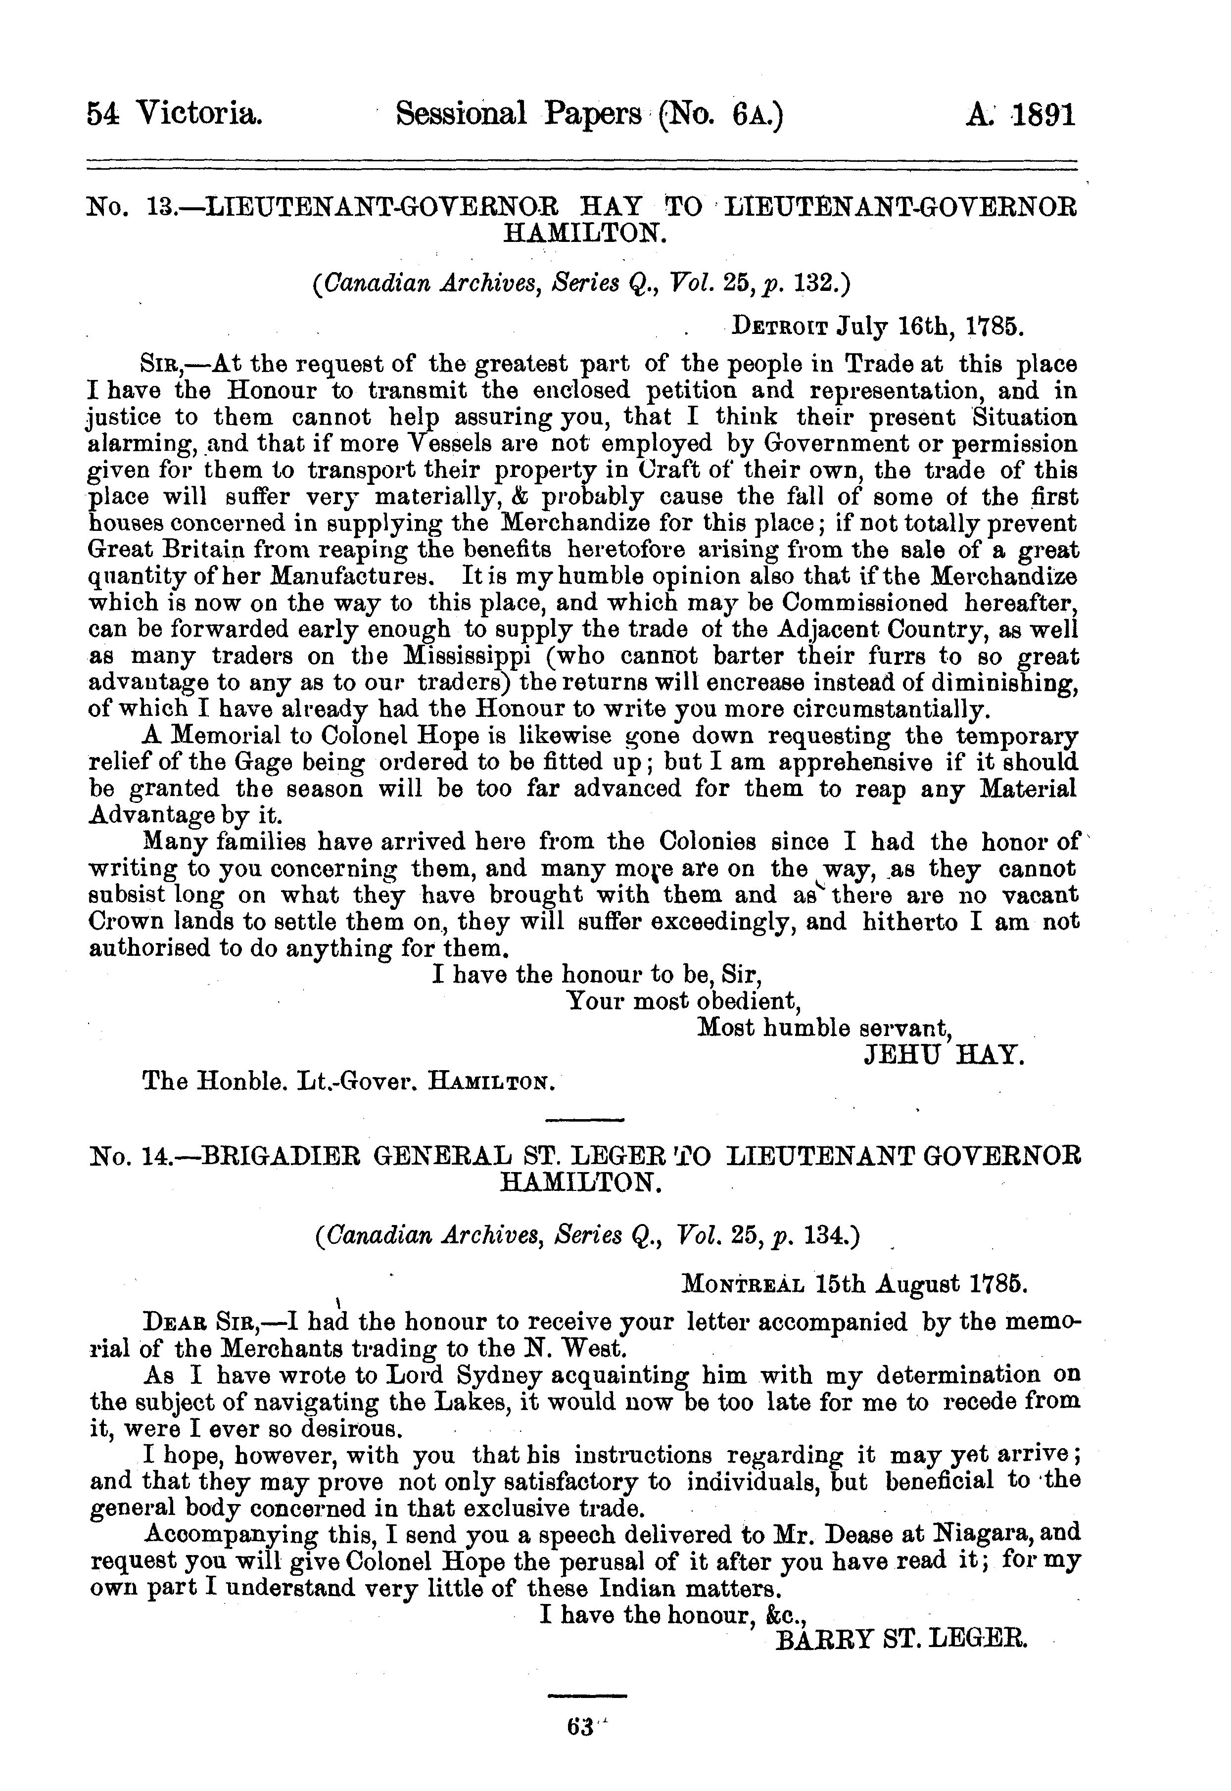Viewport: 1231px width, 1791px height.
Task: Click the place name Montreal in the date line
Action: (x=744, y=1284)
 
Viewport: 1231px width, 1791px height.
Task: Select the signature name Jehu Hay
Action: (x=944, y=1054)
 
